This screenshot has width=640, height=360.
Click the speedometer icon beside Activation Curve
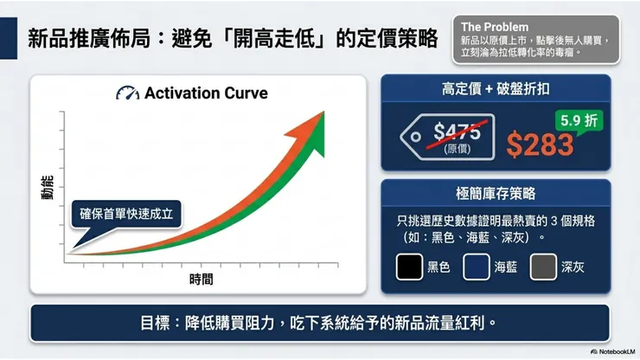tap(127, 93)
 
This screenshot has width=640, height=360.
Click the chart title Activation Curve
tap(206, 93)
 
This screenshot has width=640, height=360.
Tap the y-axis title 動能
tap(48, 189)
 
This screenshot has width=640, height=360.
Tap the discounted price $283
tap(541, 145)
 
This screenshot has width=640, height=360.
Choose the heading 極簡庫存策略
tap(496, 194)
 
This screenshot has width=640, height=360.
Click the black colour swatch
tap(409, 267)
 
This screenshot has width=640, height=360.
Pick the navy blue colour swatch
tap(477, 267)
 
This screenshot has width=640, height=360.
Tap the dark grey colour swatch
tap(543, 267)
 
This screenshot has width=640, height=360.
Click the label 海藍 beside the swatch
tap(506, 267)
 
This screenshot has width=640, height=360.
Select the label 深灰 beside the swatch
tap(573, 267)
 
